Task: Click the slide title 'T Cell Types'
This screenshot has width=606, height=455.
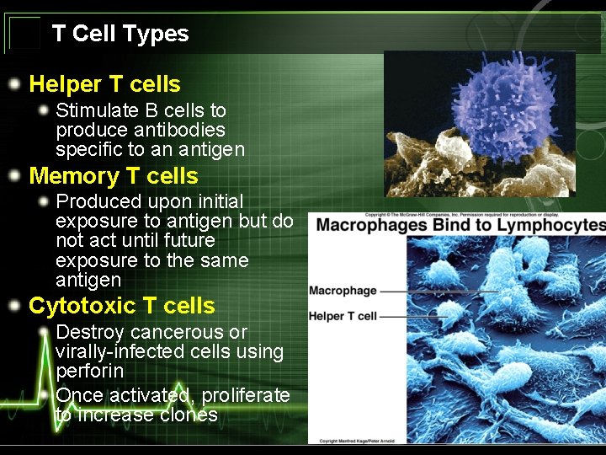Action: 120,34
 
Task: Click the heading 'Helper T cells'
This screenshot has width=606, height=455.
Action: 104,84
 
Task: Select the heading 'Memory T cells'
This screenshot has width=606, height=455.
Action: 114,176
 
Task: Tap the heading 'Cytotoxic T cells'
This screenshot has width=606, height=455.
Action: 122,306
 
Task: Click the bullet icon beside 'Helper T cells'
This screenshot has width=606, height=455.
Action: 14,84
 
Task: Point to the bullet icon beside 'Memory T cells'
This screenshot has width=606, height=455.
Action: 14,176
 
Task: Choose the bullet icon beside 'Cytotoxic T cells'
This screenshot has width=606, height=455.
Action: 14,306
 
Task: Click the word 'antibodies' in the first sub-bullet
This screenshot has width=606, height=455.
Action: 183,130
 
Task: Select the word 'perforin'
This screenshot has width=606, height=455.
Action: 89,372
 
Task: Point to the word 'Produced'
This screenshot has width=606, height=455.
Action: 93,202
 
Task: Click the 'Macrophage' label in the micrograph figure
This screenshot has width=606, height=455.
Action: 343,291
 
